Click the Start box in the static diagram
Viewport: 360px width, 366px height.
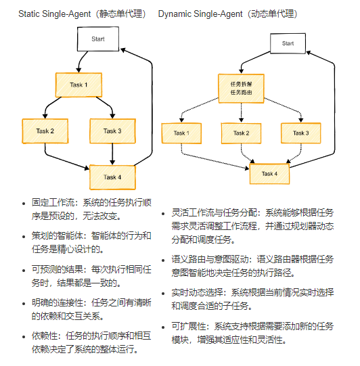click(x=98, y=39)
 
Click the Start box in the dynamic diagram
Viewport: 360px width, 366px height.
click(x=288, y=43)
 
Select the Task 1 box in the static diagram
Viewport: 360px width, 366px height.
click(x=78, y=85)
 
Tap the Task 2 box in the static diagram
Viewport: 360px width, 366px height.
click(x=45, y=131)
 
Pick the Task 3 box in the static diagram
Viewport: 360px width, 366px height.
click(x=112, y=131)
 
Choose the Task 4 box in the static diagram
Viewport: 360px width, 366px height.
click(x=112, y=177)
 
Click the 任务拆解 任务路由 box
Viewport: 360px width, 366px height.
click(x=241, y=89)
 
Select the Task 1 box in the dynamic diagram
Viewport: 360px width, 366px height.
click(x=181, y=133)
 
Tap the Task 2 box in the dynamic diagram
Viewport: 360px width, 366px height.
click(x=241, y=133)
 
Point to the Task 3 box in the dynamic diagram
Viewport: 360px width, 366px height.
click(x=301, y=133)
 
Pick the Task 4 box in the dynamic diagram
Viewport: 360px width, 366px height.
click(x=269, y=174)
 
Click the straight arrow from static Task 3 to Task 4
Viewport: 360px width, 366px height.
click(x=112, y=154)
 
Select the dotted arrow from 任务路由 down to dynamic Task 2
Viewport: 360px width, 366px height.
click(x=242, y=113)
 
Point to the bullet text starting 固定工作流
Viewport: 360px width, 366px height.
click(x=91, y=209)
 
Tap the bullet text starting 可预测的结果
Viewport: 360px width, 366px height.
click(x=91, y=276)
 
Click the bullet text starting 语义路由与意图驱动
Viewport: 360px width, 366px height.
click(x=252, y=266)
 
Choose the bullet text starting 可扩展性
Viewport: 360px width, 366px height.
click(x=252, y=333)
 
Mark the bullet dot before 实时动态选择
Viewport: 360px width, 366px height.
click(x=164, y=294)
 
